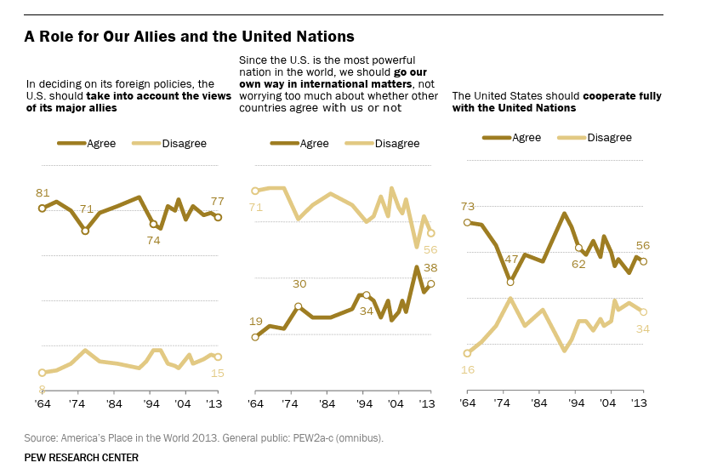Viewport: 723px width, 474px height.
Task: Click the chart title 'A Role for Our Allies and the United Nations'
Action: point(189,37)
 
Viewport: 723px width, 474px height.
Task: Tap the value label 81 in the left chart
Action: point(43,192)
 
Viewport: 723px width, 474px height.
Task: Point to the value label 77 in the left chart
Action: point(217,202)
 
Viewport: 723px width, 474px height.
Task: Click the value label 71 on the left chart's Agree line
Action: point(87,209)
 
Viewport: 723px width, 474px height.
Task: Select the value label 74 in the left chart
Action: point(154,240)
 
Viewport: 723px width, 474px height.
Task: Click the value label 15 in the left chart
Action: point(217,373)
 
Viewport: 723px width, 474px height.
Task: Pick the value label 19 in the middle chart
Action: point(255,321)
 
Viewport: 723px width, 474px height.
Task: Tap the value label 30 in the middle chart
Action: point(299,284)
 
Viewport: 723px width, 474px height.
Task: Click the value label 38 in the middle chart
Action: point(430,267)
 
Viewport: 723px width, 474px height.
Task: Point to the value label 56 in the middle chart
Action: point(430,249)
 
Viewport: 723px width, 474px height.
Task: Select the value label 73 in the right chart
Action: point(468,206)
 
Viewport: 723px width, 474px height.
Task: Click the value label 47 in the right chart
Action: point(511,259)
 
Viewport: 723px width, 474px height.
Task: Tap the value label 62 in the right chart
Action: point(578,264)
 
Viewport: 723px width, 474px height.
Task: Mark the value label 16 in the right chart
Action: point(468,369)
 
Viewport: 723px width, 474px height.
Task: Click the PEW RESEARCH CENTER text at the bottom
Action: point(82,458)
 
